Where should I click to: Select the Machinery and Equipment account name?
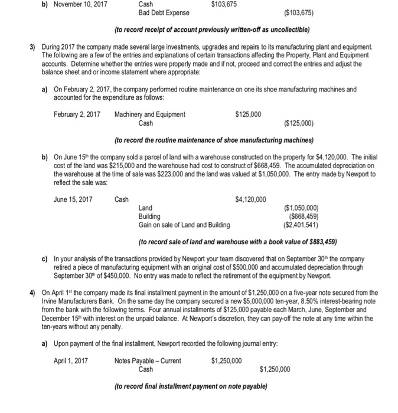tap(150, 114)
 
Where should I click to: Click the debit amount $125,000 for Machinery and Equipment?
tap(249, 114)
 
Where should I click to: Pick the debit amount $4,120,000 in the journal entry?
tap(250, 199)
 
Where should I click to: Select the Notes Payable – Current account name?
tap(148, 361)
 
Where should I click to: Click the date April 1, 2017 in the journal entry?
tap(70, 361)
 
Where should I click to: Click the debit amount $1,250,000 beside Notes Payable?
tap(226, 361)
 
